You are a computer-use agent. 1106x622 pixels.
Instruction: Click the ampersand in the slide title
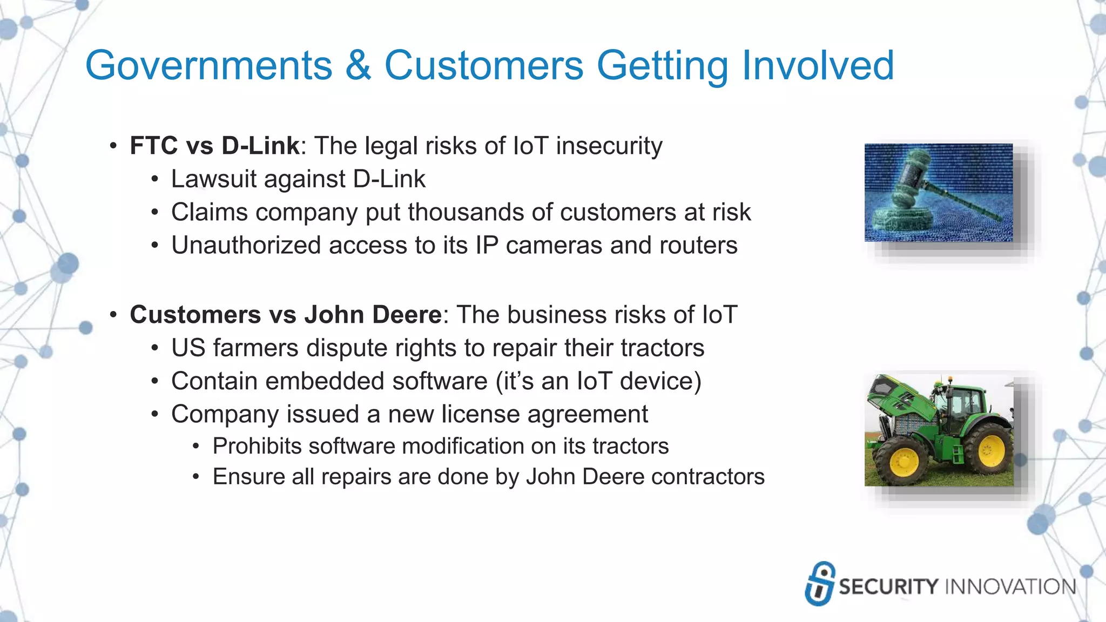[358, 66]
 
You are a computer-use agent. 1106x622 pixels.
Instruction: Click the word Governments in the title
[208, 66]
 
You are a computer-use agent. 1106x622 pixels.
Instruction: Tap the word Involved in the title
[818, 66]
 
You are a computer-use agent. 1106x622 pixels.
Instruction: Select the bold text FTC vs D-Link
[214, 146]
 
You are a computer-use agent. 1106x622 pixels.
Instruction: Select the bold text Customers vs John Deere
[286, 315]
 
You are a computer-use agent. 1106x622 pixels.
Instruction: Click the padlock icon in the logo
[820, 584]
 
